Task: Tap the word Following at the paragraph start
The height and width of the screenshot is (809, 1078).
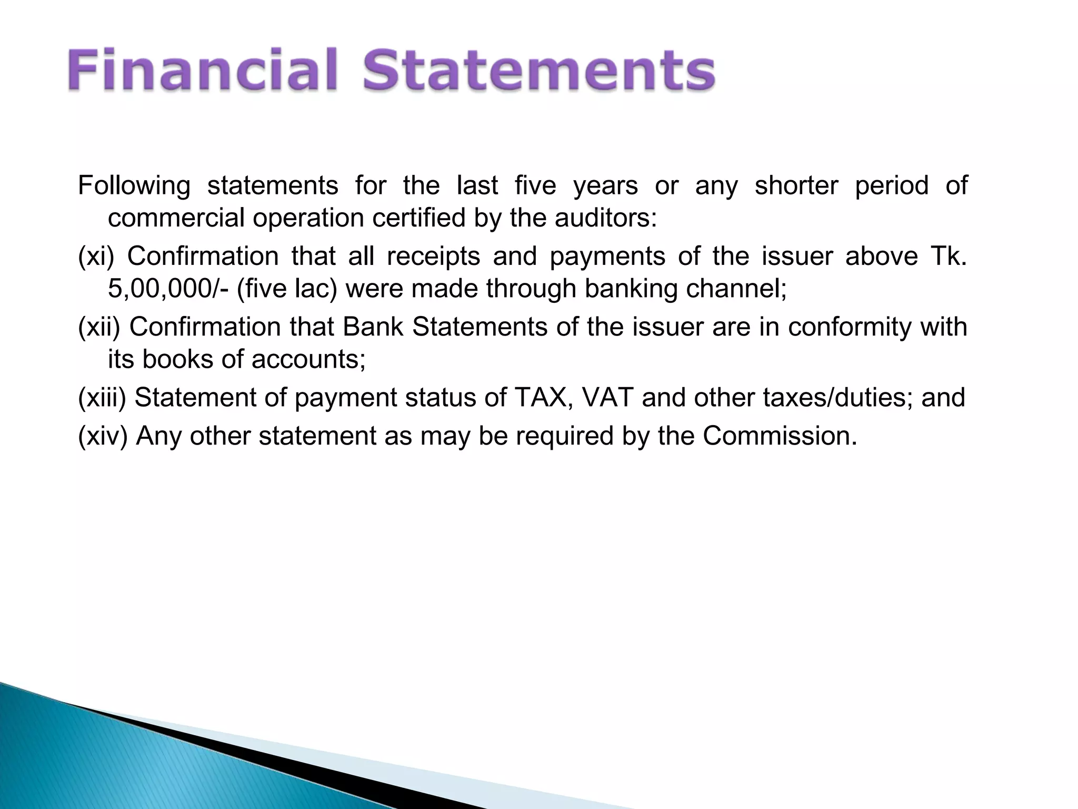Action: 134,185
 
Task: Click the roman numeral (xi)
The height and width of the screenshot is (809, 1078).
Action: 96,256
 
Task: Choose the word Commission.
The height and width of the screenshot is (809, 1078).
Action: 780,436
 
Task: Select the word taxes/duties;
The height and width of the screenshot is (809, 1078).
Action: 837,398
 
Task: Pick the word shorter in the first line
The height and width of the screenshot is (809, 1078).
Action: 796,185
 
